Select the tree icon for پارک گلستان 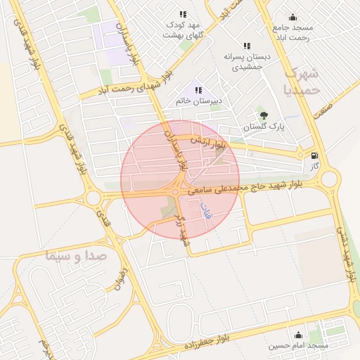pyautogui.click(x=264, y=115)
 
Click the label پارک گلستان pyautogui.click(x=261, y=127)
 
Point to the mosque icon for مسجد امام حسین pyautogui.click(x=299, y=335)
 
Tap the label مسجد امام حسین pyautogui.click(x=299, y=346)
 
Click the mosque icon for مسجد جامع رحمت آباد pyautogui.click(x=293, y=17)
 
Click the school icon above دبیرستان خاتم pyautogui.click(x=199, y=90)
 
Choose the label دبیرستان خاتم pyautogui.click(x=199, y=101)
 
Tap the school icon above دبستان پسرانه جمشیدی pyautogui.click(x=246, y=46)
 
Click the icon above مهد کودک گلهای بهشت pyautogui.click(x=183, y=13)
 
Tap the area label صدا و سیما pyautogui.click(x=74, y=255)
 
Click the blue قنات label pyautogui.click(x=206, y=213)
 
